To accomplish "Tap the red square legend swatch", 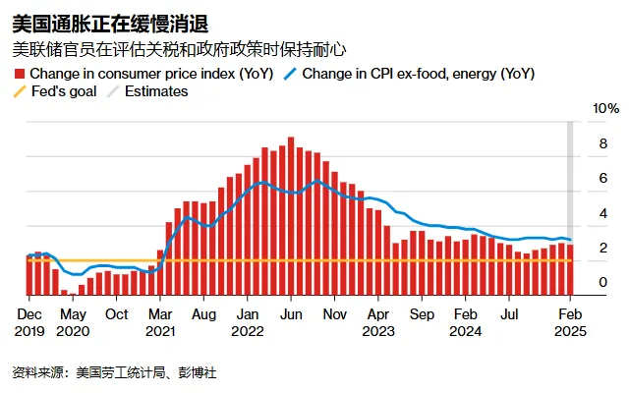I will coord(20,74).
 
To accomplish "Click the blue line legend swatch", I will coord(291,74).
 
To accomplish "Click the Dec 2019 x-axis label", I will coord(29,322).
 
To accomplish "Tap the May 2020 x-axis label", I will coord(73,322).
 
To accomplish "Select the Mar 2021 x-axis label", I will coord(160,322).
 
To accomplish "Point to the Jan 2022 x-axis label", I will coord(248,322).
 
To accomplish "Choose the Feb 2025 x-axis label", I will coord(570,322).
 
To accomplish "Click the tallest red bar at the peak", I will coord(291,216).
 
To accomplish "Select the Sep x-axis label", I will coord(422,314).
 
